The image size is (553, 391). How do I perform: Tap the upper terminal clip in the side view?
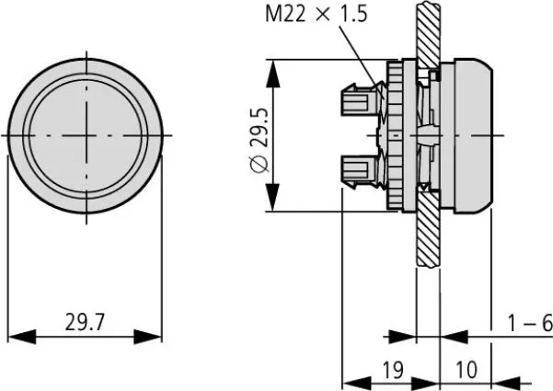coord(361,95)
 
